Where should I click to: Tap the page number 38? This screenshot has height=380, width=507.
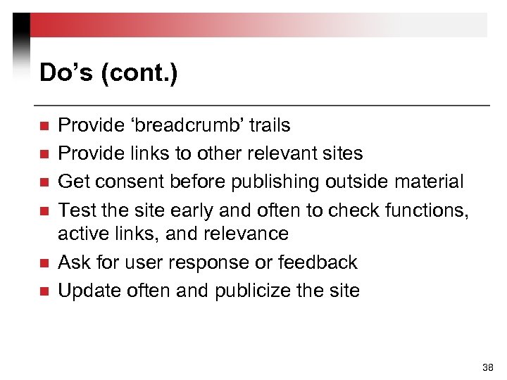[487, 367]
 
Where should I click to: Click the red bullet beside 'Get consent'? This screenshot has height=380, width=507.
[43, 182]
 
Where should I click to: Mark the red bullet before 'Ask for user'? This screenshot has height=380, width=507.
[43, 263]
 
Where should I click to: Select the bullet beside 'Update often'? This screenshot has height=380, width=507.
[43, 291]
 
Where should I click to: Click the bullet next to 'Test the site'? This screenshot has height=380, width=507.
[43, 210]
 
